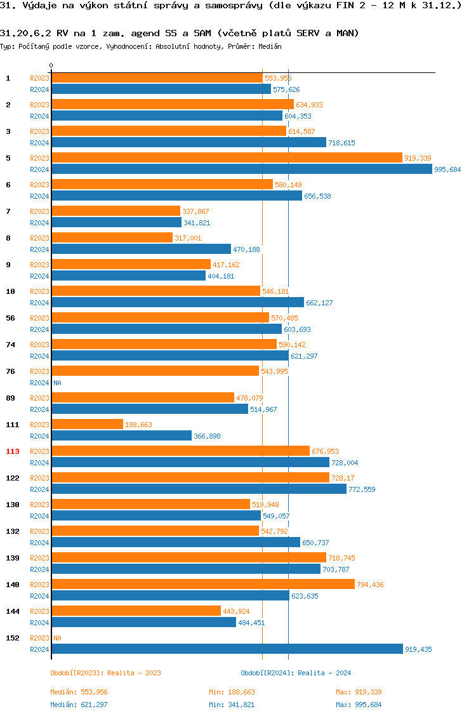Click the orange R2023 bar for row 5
click(x=227, y=157)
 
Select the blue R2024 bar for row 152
click(x=227, y=649)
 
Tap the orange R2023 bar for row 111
click(x=87, y=424)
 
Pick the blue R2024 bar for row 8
click(x=141, y=249)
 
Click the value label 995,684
click(x=447, y=169)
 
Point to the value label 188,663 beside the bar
click(x=138, y=425)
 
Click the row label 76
click(x=11, y=371)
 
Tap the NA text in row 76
click(x=57, y=383)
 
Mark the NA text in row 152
click(x=57, y=638)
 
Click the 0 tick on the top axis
click(x=51, y=65)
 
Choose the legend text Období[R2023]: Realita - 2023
click(x=105, y=673)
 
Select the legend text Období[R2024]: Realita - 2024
click(x=296, y=673)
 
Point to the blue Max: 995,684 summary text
click(x=359, y=705)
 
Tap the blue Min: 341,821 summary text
click(x=232, y=705)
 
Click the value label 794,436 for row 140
click(x=370, y=585)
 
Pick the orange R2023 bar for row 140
click(x=203, y=584)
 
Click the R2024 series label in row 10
click(x=39, y=303)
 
